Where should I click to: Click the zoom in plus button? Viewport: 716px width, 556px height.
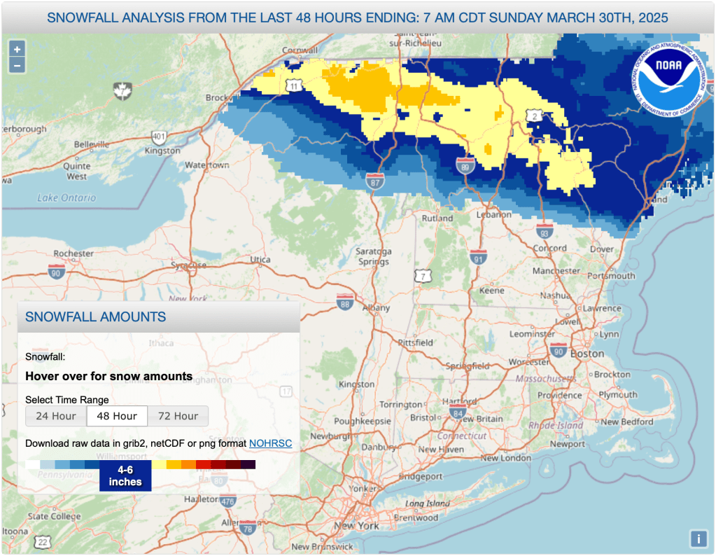(x=17, y=49)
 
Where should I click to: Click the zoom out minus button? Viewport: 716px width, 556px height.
(x=17, y=66)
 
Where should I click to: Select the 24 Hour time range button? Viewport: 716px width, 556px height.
(x=56, y=416)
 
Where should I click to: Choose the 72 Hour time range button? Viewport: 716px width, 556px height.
(x=178, y=416)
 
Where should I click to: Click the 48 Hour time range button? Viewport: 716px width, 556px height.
(x=117, y=416)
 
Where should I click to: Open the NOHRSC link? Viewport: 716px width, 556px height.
(x=270, y=443)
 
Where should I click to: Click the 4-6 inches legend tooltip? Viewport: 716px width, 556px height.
(x=125, y=476)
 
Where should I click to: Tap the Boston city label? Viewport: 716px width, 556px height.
(x=587, y=354)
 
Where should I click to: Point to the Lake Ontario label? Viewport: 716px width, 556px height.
(x=67, y=198)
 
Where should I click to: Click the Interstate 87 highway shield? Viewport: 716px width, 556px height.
(x=375, y=182)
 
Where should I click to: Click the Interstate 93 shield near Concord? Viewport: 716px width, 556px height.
(x=545, y=231)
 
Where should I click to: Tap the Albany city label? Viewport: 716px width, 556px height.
(x=377, y=307)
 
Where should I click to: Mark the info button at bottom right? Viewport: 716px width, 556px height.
(x=698, y=538)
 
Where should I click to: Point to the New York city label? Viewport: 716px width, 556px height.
(x=356, y=525)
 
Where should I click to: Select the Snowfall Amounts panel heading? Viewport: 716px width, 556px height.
(x=96, y=317)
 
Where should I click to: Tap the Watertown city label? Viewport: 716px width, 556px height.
(x=207, y=165)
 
